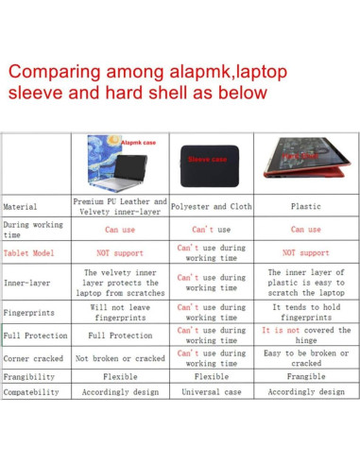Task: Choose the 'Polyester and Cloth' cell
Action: point(212,205)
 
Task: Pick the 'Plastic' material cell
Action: point(306,205)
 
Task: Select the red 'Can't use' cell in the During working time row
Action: point(212,230)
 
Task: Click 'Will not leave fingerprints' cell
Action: point(119,312)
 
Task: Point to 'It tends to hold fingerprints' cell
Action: point(306,312)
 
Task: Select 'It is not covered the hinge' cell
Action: point(306,336)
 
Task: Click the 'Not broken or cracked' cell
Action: point(119,359)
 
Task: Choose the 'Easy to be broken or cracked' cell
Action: point(306,358)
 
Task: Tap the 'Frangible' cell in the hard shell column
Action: point(306,375)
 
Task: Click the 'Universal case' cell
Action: point(212,391)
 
